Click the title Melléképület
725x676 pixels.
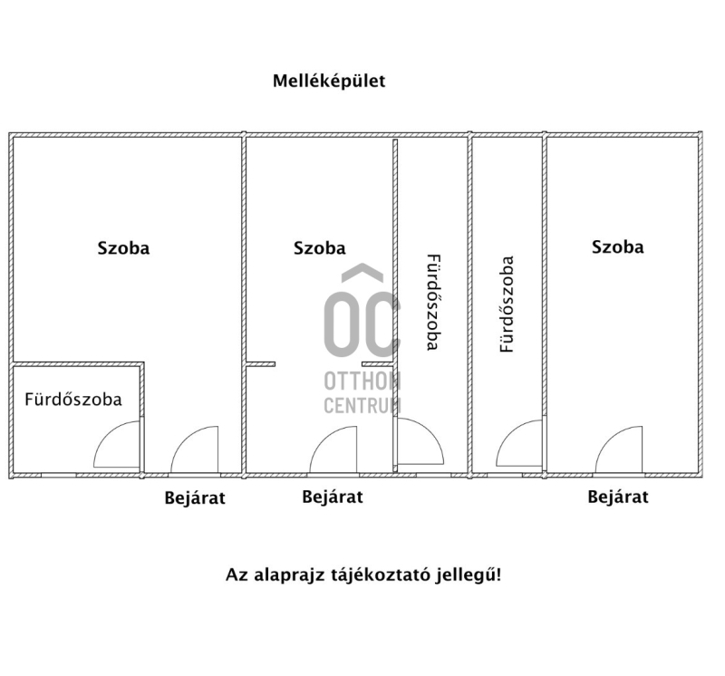click(329, 81)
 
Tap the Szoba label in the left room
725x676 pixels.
click(123, 248)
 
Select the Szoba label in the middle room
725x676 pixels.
click(320, 248)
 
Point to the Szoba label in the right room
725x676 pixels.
click(618, 246)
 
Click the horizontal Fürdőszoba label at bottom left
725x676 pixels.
click(73, 400)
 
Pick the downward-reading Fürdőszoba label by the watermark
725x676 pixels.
click(433, 303)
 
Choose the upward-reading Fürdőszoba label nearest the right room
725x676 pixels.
click(507, 304)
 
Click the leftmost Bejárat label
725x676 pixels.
click(195, 498)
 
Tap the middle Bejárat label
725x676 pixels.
click(333, 497)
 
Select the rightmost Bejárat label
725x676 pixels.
click(618, 497)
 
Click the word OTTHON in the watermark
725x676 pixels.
click(362, 381)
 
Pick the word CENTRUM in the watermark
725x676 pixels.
click(362, 405)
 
